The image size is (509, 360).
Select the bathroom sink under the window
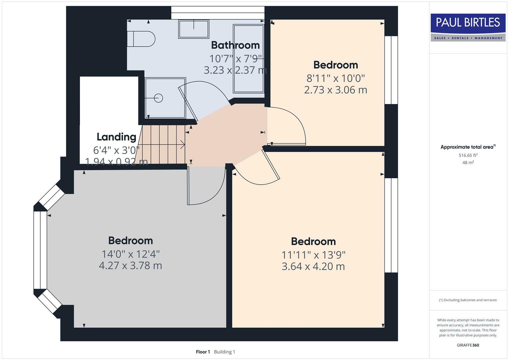[x=194, y=29]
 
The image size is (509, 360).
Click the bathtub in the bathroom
[x=249, y=58]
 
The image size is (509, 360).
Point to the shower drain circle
[x=158, y=98]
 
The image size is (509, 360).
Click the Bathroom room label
[x=235, y=45]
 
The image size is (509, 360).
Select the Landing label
[x=116, y=137]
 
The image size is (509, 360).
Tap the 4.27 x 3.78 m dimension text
[x=130, y=266]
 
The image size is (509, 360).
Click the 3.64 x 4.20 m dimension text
[x=313, y=267]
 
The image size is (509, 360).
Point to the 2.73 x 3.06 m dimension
[x=335, y=90]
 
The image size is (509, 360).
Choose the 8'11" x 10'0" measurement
[x=336, y=78]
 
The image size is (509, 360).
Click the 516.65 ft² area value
[x=468, y=155]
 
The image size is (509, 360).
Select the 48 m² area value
[x=468, y=163]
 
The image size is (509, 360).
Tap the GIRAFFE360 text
[x=468, y=345]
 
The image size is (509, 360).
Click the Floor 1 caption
[x=203, y=352]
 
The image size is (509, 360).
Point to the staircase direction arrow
[x=182, y=145]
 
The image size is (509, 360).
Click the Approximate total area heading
[x=468, y=147]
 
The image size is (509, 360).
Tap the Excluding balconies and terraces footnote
[x=468, y=300]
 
